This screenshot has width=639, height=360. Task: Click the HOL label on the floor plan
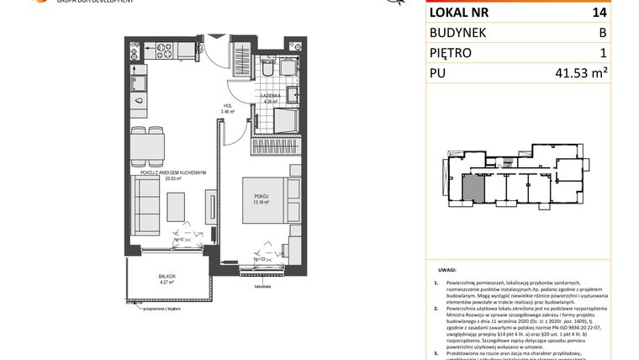coord(225,106)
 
